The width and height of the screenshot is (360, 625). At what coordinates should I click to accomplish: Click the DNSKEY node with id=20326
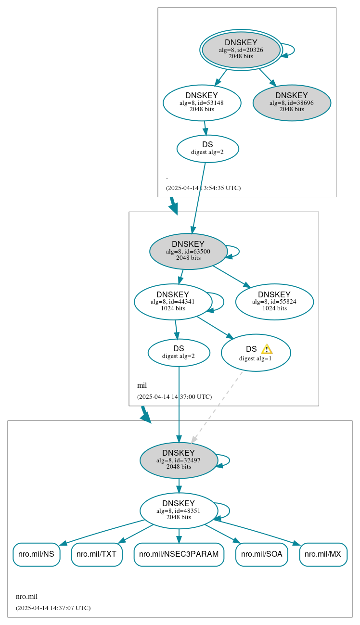click(241, 50)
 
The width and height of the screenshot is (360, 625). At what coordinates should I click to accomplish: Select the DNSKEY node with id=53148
click(202, 102)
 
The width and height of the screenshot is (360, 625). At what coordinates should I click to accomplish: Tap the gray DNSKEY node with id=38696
click(292, 102)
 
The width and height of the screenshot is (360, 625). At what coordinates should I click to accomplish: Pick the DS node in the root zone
click(207, 149)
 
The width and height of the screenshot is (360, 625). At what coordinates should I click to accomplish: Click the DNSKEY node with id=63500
click(188, 251)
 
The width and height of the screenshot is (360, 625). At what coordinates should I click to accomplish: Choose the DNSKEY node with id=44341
click(173, 302)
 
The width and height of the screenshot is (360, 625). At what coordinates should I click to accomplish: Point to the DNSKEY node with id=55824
click(274, 302)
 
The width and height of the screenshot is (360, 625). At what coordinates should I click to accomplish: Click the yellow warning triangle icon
click(267, 349)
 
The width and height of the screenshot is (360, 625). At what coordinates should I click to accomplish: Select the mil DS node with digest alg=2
click(179, 353)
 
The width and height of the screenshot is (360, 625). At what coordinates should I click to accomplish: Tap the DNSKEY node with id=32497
click(179, 460)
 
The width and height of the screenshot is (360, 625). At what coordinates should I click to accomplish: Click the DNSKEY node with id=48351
click(179, 510)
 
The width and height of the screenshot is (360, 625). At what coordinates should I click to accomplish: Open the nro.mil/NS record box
click(36, 554)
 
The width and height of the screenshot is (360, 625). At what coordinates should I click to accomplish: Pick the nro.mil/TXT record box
click(96, 554)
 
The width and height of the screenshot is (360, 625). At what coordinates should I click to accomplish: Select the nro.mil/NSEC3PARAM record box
click(179, 554)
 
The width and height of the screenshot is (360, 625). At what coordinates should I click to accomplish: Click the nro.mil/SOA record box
click(261, 554)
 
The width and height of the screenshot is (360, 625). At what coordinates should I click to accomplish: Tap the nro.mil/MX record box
click(323, 554)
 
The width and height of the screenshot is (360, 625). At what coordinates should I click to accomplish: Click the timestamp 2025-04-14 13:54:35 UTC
click(203, 188)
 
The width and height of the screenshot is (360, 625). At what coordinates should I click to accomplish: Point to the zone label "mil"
click(142, 385)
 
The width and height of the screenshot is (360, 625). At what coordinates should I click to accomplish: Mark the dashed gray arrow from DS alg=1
click(217, 407)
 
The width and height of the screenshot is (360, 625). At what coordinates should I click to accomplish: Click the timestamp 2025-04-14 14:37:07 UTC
click(53, 608)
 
